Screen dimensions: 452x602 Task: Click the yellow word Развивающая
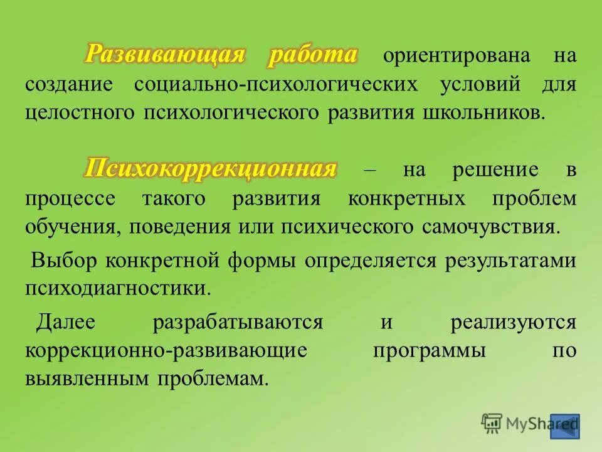click(x=164, y=55)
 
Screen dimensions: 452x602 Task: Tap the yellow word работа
click(x=312, y=55)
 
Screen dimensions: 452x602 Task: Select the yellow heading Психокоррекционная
click(x=211, y=169)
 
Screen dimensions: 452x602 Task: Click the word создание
click(x=69, y=85)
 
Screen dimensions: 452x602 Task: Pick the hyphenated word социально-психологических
click(x=275, y=85)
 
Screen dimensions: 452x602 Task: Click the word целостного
click(x=80, y=113)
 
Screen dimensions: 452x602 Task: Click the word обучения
click(x=66, y=226)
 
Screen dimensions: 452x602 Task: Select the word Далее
click(x=65, y=323)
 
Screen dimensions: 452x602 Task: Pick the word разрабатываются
click(x=238, y=323)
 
